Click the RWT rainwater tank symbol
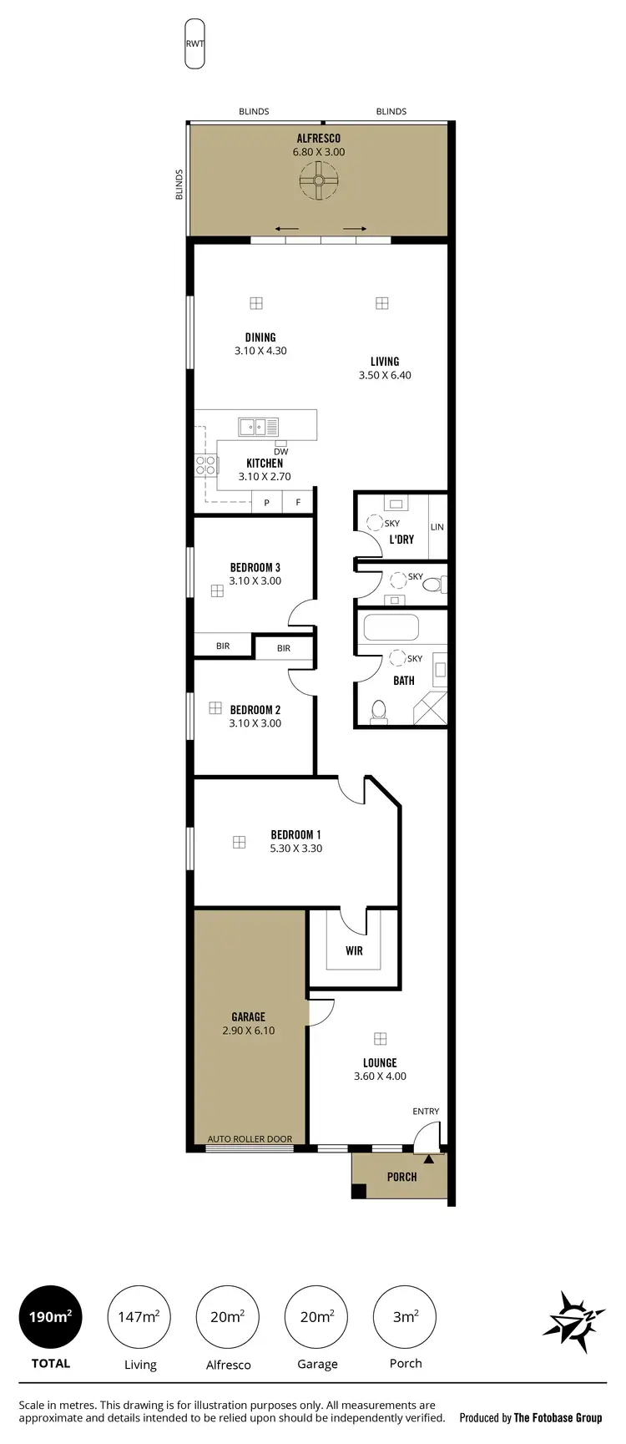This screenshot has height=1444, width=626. (x=194, y=44)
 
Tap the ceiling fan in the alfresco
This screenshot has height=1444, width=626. (x=319, y=181)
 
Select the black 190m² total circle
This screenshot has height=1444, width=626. (x=50, y=1317)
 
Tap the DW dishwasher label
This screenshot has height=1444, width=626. (x=280, y=452)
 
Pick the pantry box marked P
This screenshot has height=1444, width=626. (x=266, y=503)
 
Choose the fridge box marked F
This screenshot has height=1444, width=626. (x=298, y=503)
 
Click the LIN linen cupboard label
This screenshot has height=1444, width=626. (x=437, y=527)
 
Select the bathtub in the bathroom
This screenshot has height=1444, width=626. (x=390, y=628)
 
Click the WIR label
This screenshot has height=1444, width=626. (x=354, y=950)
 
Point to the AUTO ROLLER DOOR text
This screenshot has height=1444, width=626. (x=250, y=1138)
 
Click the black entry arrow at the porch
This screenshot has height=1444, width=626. (x=429, y=1159)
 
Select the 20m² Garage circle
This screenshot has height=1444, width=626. (x=316, y=1317)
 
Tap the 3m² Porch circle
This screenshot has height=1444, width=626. (x=405, y=1317)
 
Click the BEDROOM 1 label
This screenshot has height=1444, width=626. (x=295, y=834)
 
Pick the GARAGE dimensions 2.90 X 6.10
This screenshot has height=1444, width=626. (x=249, y=1031)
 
